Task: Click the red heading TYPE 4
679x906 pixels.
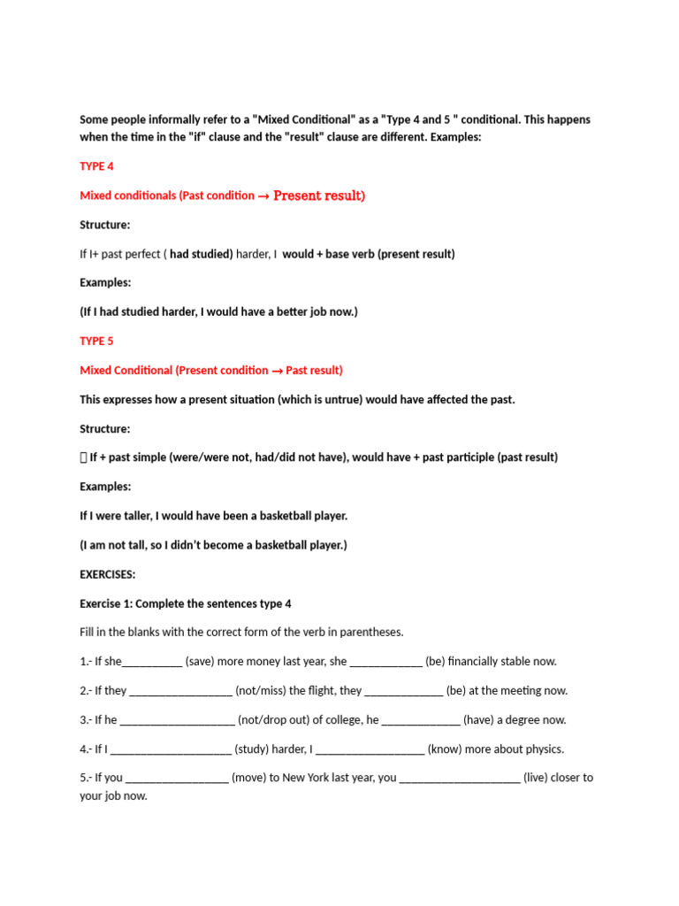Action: pos(96,166)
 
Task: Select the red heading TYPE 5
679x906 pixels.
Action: pos(96,341)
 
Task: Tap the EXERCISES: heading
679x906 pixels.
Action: pos(108,574)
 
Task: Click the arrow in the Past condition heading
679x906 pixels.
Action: pos(263,196)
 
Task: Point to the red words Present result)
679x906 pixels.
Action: pos(319,196)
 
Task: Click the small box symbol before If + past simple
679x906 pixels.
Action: pos(83,457)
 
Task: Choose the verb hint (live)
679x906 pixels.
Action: pos(545,778)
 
